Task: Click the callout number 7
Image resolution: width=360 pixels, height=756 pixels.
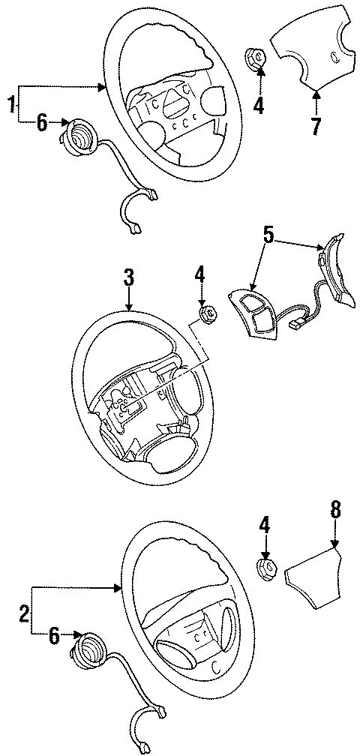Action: tap(316, 125)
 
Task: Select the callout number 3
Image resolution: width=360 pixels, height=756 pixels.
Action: tap(129, 278)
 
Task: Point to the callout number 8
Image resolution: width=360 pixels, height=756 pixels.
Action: tap(334, 511)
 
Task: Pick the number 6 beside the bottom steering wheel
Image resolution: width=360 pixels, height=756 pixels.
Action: tap(54, 636)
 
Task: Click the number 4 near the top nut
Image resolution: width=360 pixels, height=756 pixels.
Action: tap(259, 105)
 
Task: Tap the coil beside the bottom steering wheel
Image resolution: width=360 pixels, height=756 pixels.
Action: tap(91, 646)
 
